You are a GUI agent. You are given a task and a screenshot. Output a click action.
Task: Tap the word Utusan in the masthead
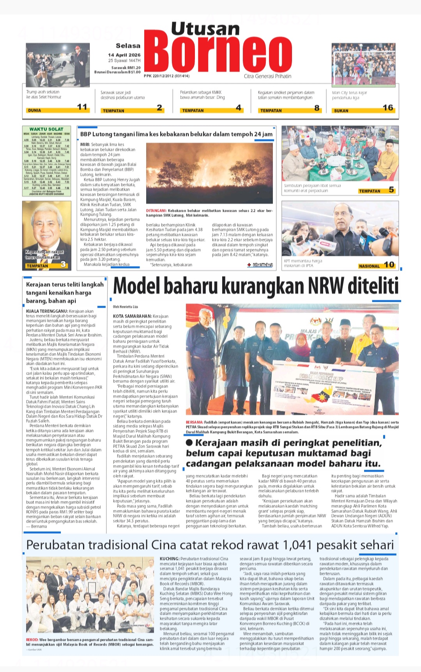pyautogui.click(x=205, y=29)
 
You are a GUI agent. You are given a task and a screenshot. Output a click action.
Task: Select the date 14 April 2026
pyautogui.click(x=124, y=55)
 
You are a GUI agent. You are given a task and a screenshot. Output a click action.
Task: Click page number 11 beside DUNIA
pyautogui.click(x=82, y=107)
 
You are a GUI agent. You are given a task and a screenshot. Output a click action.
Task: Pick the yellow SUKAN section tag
pyautogui.click(x=341, y=111)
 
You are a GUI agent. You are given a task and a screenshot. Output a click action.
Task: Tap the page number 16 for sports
pyautogui.click(x=388, y=107)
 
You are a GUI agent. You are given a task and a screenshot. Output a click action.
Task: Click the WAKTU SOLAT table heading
pyautogui.click(x=46, y=129)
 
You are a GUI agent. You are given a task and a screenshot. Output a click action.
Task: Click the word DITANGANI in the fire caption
pyautogui.click(x=156, y=210)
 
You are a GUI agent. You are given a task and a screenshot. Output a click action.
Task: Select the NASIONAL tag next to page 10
pyautogui.click(x=369, y=266)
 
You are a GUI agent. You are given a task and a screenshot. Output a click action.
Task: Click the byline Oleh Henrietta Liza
pyautogui.click(x=126, y=307)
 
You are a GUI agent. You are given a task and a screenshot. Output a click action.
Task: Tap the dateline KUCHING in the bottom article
pyautogui.click(x=169, y=559)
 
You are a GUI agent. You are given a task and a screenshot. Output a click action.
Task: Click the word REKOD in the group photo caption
pyautogui.click(x=32, y=640)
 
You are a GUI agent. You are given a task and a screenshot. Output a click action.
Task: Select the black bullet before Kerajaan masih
pyautogui.click(x=189, y=442)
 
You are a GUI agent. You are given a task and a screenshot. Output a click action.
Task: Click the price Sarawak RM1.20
pyautogui.click(x=126, y=68)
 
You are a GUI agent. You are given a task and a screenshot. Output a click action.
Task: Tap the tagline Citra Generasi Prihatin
pyautogui.click(x=267, y=76)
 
